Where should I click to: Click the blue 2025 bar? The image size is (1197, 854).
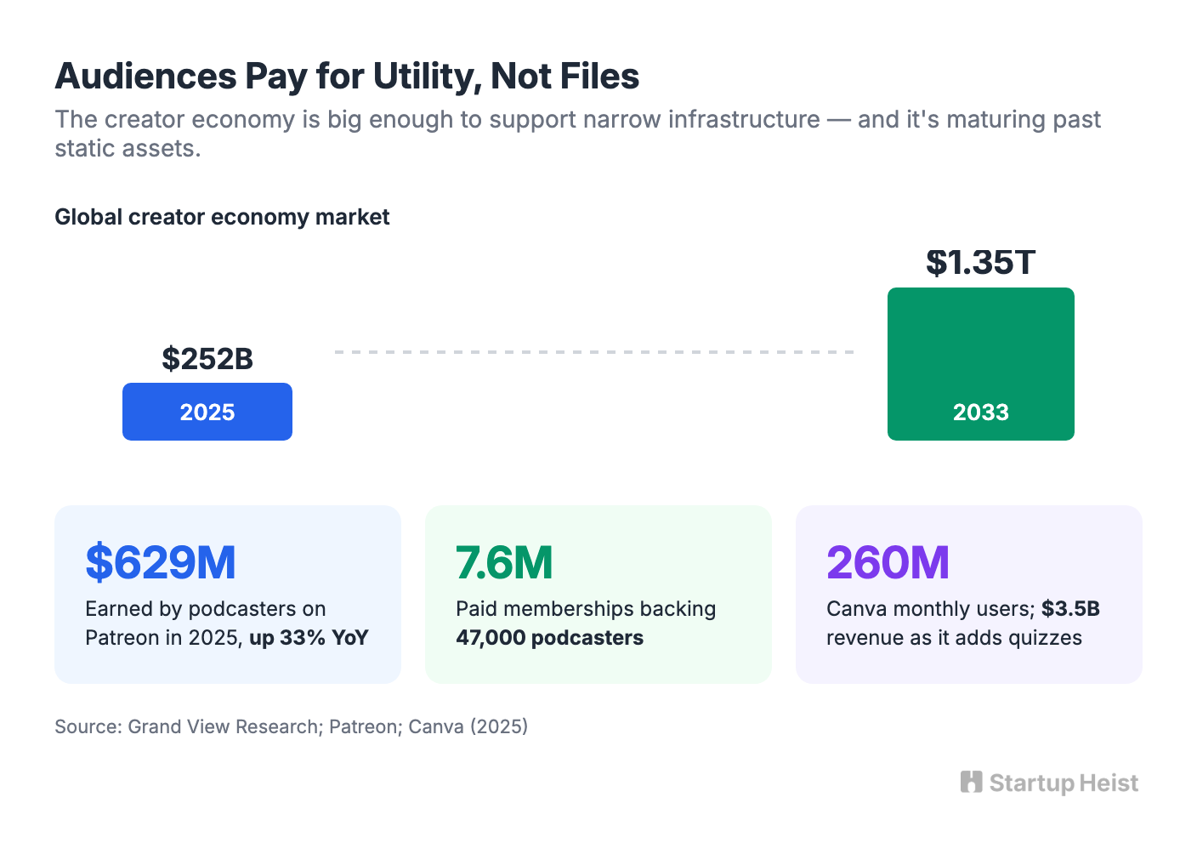(207, 411)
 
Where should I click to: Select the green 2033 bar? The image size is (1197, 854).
(980, 364)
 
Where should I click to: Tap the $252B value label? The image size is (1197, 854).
(207, 358)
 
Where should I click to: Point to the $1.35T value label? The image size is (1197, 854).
(980, 262)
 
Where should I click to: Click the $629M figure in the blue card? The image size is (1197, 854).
(161, 562)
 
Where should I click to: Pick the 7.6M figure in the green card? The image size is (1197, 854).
(504, 562)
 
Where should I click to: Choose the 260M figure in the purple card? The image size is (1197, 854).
(888, 562)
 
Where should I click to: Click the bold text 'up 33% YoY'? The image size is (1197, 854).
(309, 637)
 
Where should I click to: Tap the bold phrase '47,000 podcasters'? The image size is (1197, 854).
(549, 637)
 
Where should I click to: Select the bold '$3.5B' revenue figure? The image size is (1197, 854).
(1070, 608)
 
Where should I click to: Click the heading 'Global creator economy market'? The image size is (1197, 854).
(222, 217)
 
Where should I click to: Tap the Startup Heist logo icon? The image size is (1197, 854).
(971, 782)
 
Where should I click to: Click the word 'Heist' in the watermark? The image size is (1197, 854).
(1109, 783)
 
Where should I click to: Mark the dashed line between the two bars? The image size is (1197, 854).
(594, 352)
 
